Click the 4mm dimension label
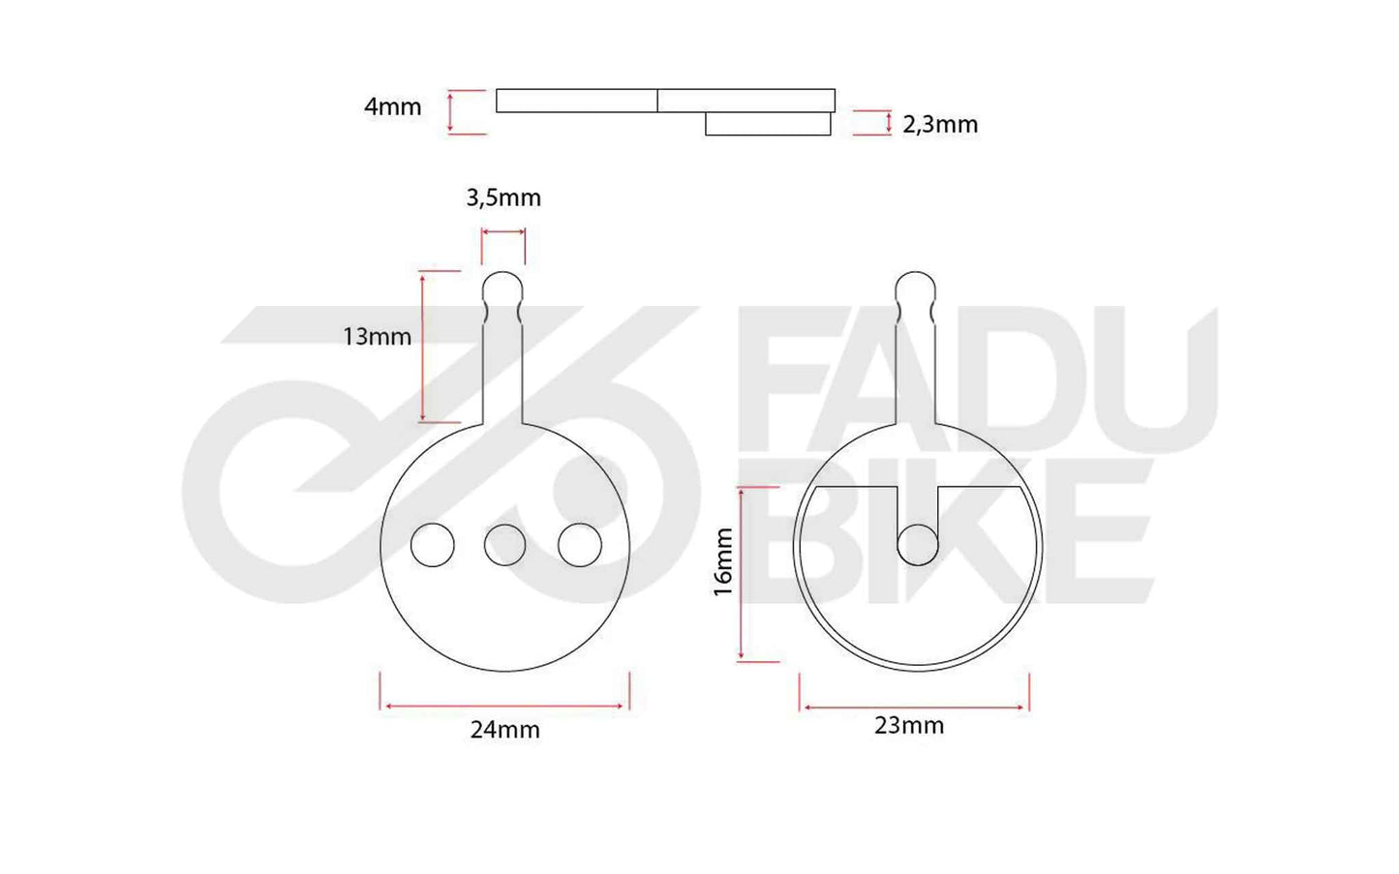[x=392, y=106]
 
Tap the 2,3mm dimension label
[x=939, y=124]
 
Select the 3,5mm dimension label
[x=503, y=197]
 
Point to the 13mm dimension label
[x=377, y=336]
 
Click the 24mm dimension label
[x=504, y=730]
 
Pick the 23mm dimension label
[x=908, y=725]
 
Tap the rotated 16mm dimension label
[x=723, y=561]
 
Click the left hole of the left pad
[x=432, y=545]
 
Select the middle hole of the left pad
[x=504, y=545]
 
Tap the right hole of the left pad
[x=579, y=545]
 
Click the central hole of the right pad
[x=917, y=545]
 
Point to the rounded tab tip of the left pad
[x=502, y=286]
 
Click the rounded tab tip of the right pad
[x=915, y=286]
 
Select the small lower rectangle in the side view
[x=768, y=124]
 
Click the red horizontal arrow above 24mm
[x=504, y=706]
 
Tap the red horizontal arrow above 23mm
[x=914, y=708]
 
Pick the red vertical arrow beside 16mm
[x=741, y=574]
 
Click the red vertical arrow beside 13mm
[x=423, y=347]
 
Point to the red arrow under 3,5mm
[x=503, y=232]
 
